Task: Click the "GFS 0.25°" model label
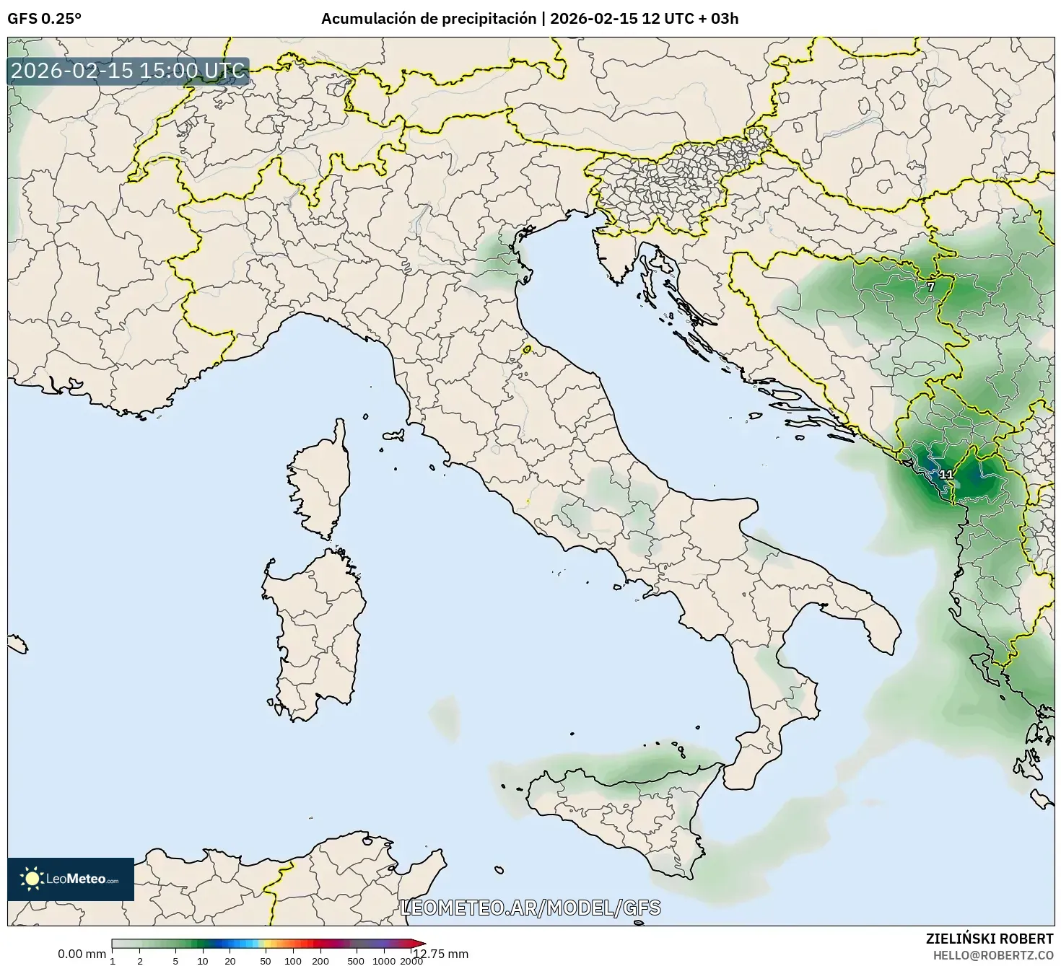(x=44, y=19)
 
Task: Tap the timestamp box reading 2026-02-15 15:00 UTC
(x=128, y=71)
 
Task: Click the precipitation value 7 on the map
(x=930, y=287)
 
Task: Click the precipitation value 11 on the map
(x=946, y=475)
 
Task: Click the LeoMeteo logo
(x=71, y=879)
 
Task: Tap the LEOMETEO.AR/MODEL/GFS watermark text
(x=530, y=908)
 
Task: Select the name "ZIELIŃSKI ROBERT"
(x=989, y=939)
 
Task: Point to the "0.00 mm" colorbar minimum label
(x=82, y=954)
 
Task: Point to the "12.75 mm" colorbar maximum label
(x=441, y=954)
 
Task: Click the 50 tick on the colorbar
(x=266, y=961)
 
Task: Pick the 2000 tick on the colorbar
(x=411, y=961)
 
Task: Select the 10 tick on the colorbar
(x=203, y=961)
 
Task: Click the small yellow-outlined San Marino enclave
(x=527, y=350)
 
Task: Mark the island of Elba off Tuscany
(x=394, y=436)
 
